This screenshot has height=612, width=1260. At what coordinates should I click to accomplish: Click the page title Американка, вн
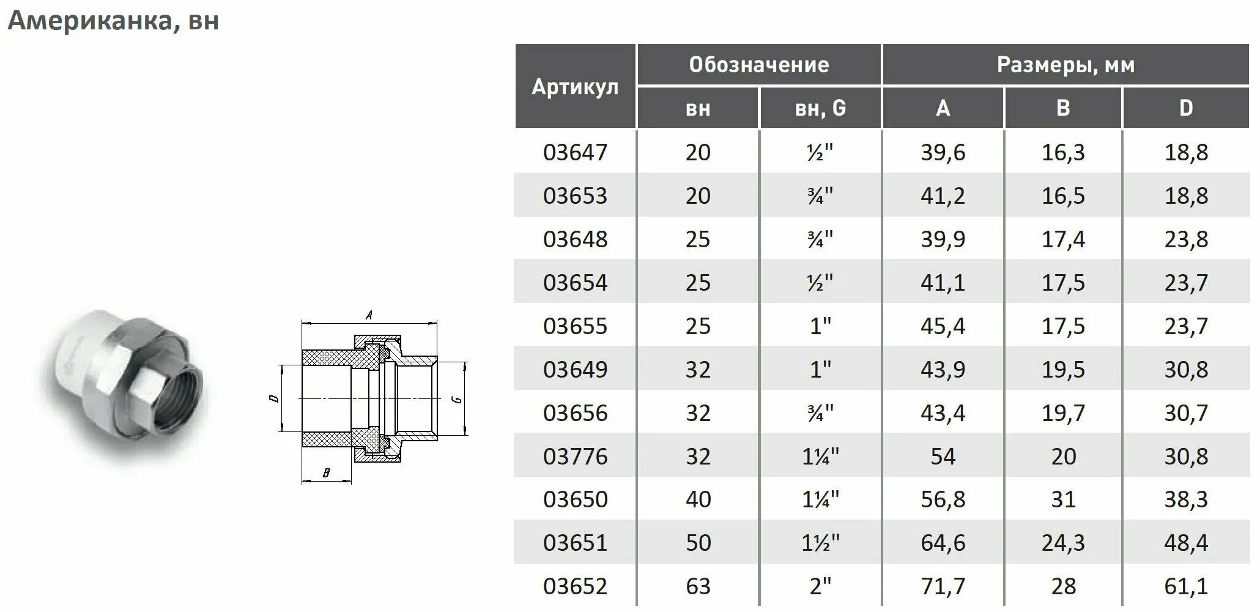(x=113, y=21)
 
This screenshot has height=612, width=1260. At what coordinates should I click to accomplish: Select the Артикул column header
(x=575, y=87)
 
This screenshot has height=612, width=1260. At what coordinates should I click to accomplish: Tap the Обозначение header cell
(x=758, y=65)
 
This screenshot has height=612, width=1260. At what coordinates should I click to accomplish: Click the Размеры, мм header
(x=1065, y=65)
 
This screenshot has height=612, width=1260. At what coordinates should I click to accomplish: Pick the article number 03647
(x=575, y=152)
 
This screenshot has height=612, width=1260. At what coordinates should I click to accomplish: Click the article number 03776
(x=575, y=457)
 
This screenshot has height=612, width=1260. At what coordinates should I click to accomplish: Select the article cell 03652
(x=575, y=586)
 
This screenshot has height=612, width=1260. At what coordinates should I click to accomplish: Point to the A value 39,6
(x=943, y=152)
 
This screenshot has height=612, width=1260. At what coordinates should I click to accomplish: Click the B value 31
(x=1063, y=499)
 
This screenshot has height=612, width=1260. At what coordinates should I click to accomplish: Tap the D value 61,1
(x=1185, y=586)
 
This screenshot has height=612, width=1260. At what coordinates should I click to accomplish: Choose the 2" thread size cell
(x=820, y=586)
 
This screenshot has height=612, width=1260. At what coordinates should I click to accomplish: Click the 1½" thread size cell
(x=820, y=543)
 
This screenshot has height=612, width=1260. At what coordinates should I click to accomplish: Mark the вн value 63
(x=698, y=586)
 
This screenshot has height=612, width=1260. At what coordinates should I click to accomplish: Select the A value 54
(x=943, y=457)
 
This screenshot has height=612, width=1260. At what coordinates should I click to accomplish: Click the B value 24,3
(x=1063, y=543)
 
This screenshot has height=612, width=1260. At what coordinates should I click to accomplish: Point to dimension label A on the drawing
(x=369, y=316)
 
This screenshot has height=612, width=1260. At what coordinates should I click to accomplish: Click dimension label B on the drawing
(x=326, y=473)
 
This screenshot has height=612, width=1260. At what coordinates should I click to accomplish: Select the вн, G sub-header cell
(x=820, y=108)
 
